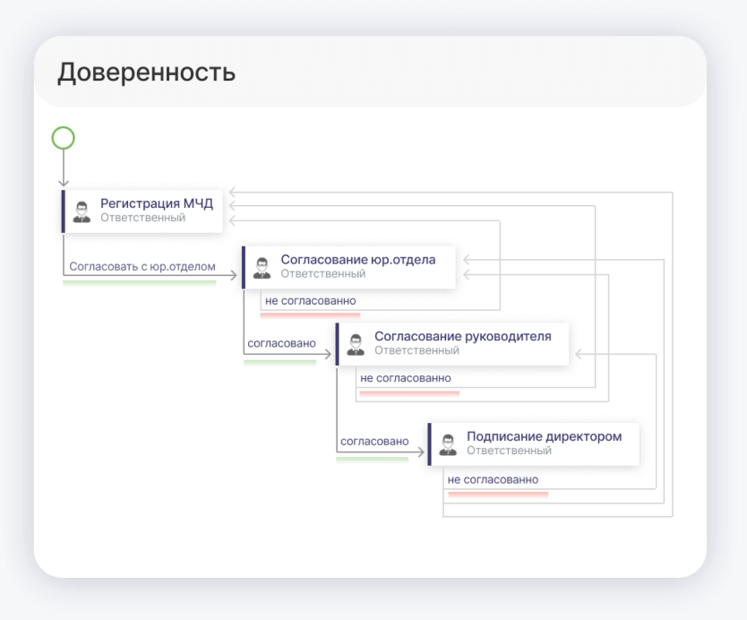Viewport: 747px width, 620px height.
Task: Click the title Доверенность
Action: pos(146,73)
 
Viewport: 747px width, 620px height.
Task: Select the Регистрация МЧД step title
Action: pos(157,203)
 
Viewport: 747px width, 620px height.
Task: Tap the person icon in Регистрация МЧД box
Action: pos(82,212)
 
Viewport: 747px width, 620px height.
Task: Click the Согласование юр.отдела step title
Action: pos(357,260)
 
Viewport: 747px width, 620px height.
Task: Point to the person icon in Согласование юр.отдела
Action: pos(262,268)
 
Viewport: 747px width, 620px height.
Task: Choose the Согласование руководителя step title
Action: pos(462,337)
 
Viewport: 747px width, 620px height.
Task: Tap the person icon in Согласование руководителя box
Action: pos(356,345)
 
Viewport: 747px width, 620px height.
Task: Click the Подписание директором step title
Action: pos(544,436)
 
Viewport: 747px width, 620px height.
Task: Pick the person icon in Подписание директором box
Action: pos(448,444)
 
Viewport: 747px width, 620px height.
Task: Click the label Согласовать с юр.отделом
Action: pos(142,266)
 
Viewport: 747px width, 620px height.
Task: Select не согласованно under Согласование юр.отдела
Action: pos(310,301)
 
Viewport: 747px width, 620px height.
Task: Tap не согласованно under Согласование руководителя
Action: pos(406,378)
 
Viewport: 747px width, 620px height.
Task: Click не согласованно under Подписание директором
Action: pos(493,480)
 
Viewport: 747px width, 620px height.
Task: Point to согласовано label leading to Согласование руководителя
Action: pos(281,343)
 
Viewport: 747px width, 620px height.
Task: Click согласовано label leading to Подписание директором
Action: pos(374,442)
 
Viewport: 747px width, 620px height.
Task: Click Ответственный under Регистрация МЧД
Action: pos(142,218)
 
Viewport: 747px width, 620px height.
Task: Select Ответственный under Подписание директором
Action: pos(509,451)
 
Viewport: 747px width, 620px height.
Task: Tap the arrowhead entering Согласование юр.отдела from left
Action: pos(234,275)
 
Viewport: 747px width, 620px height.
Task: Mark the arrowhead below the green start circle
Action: pos(64,183)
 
